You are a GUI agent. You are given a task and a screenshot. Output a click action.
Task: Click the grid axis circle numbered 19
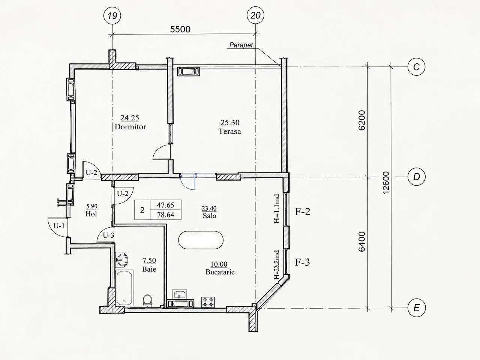click(x=112, y=15)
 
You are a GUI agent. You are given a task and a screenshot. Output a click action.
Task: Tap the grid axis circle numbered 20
click(x=255, y=15)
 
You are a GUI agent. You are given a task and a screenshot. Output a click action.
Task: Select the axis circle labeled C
click(x=416, y=67)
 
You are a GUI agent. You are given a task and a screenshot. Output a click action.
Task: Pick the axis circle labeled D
click(x=416, y=177)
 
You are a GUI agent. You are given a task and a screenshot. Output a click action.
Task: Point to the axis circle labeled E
click(x=416, y=308)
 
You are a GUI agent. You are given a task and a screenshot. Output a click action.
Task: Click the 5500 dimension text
click(x=180, y=29)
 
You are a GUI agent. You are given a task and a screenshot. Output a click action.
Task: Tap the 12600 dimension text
click(x=386, y=183)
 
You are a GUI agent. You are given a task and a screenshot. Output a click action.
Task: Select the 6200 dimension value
click(x=362, y=120)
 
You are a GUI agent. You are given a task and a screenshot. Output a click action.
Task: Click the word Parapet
click(x=241, y=45)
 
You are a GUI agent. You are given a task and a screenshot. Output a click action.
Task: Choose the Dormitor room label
click(x=130, y=127)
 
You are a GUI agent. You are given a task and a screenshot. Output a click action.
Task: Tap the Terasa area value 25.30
click(x=230, y=123)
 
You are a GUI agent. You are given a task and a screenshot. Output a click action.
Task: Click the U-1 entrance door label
click(x=59, y=226)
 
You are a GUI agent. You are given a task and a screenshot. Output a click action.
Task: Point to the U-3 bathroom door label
click(x=108, y=235)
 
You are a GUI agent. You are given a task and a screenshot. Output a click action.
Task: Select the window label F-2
click(x=303, y=211)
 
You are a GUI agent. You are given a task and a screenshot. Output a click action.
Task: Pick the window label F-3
click(x=302, y=262)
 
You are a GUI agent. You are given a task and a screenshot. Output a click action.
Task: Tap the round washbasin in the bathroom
click(x=121, y=259)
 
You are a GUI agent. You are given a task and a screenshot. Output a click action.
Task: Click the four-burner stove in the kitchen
click(x=208, y=302)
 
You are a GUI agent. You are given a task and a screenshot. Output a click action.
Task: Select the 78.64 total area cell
click(x=165, y=215)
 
